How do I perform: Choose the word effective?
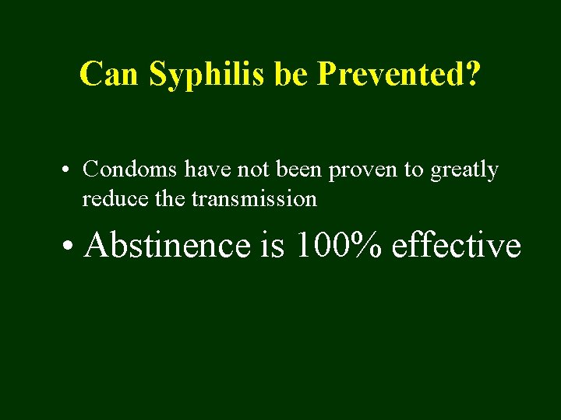point(457,245)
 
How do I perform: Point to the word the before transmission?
point(169,199)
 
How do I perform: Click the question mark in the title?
point(473,74)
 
